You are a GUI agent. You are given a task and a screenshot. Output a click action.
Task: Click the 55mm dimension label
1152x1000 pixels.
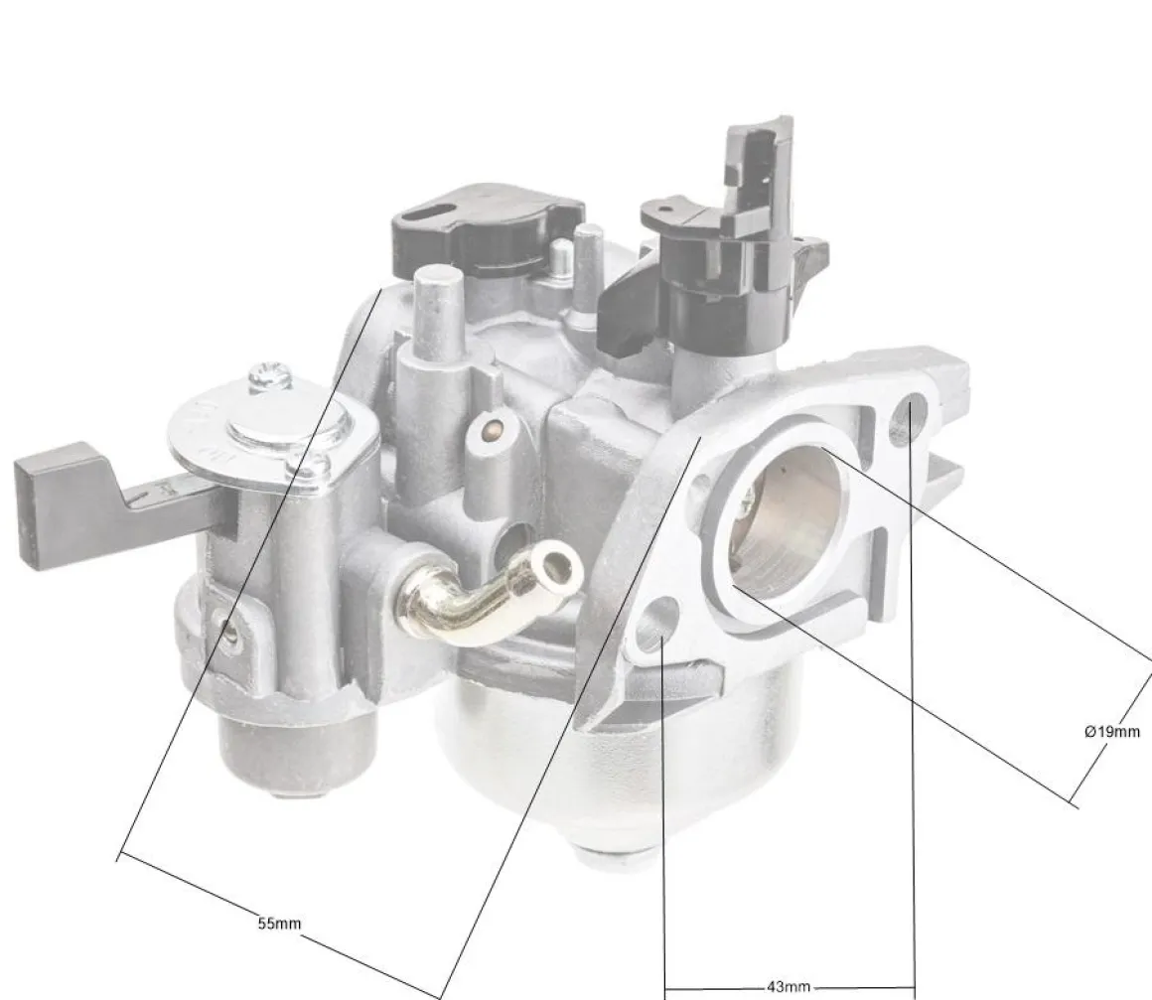pos(279,923)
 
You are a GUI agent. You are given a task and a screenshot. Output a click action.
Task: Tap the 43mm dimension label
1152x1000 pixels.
pos(789,987)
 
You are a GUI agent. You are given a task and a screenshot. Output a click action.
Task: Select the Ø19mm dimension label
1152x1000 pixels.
pos(1112,731)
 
